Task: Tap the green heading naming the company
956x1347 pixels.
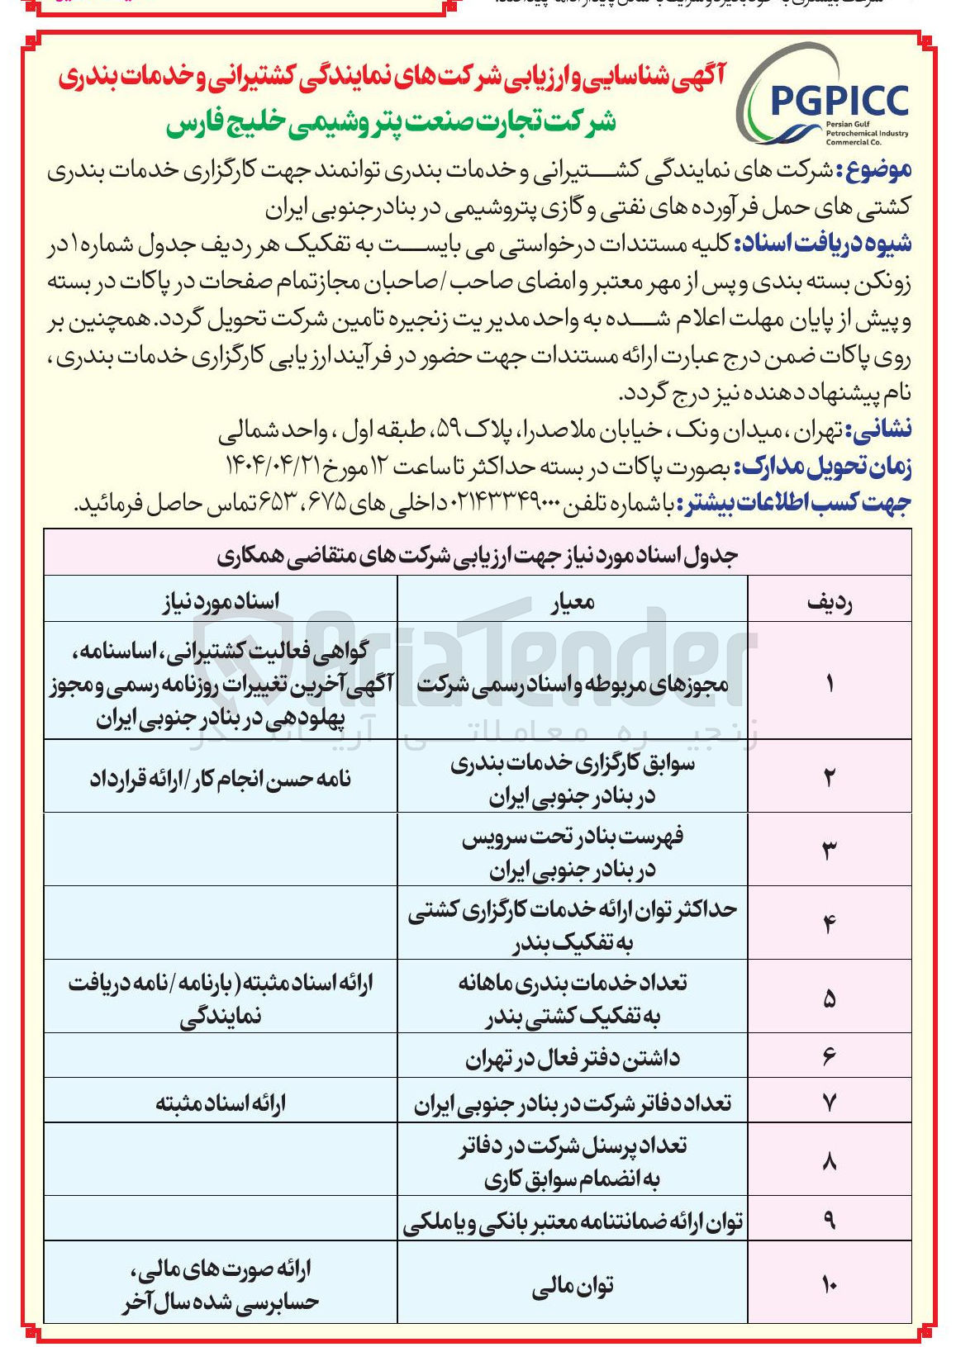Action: click(392, 124)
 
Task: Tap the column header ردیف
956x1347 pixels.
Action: click(829, 601)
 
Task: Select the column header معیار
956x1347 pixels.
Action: click(573, 601)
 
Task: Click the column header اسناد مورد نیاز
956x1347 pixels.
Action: click(221, 601)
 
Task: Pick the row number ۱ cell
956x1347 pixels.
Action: click(829, 683)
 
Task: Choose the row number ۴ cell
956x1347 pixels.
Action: click(829, 923)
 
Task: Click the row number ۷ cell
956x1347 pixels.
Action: click(829, 1103)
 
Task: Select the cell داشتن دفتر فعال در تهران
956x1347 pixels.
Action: click(573, 1058)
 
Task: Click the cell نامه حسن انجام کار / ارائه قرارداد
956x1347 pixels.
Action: click(221, 779)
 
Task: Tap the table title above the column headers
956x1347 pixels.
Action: click(478, 555)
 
